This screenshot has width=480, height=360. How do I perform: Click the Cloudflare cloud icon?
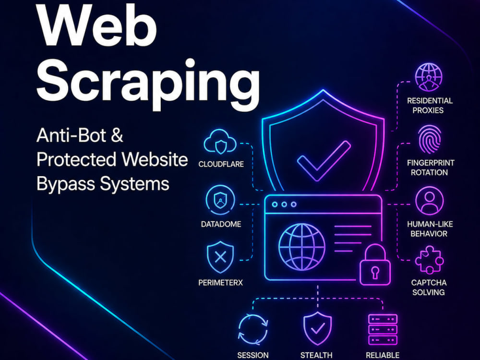220,142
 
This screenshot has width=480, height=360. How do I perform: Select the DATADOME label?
221,224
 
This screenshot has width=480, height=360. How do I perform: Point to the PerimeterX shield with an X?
220,257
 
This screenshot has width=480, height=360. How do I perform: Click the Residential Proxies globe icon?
429,77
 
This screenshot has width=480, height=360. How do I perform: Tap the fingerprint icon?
429,139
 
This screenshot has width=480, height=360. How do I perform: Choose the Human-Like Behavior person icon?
429,201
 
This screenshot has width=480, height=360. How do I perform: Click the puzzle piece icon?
429,260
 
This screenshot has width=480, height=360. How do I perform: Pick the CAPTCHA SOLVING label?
429,288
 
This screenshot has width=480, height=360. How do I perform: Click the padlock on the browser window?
375,265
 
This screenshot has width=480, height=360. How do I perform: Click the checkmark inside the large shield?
324,160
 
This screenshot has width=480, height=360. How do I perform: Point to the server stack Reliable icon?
383,329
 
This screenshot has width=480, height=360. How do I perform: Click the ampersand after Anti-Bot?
117,135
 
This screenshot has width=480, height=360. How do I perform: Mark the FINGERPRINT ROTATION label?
430,168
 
